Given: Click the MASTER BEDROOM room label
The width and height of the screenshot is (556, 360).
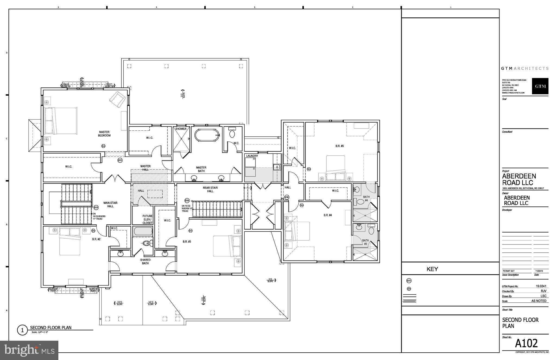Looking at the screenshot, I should [105, 134].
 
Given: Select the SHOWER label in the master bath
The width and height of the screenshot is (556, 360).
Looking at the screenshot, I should [181, 129].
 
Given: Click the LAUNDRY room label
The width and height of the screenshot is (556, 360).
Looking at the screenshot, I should [252, 156].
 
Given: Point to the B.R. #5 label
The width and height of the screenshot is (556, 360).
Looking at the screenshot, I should [339, 146].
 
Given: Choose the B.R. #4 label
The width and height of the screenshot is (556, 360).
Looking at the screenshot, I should [327, 215].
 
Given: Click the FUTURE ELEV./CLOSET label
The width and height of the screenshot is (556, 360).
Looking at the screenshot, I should [147, 219].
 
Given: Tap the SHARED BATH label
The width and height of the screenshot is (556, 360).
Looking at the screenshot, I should [145, 261].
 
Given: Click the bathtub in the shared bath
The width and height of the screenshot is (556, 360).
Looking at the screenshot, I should [143, 231].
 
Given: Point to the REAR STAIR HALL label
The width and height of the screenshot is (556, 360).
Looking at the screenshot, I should [210, 189].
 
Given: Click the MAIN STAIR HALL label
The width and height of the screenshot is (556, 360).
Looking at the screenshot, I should [110, 204].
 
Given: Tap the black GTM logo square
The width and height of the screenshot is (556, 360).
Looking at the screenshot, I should [540, 86].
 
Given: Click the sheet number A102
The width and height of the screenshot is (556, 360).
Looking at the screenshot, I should [526, 343].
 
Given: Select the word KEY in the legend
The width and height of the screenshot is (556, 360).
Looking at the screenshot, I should [432, 269].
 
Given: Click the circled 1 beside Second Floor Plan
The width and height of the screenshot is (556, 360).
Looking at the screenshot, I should [22, 330].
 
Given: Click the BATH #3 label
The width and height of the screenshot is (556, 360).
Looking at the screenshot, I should [365, 242].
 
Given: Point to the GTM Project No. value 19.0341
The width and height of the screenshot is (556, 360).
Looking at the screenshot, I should [541, 286].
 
